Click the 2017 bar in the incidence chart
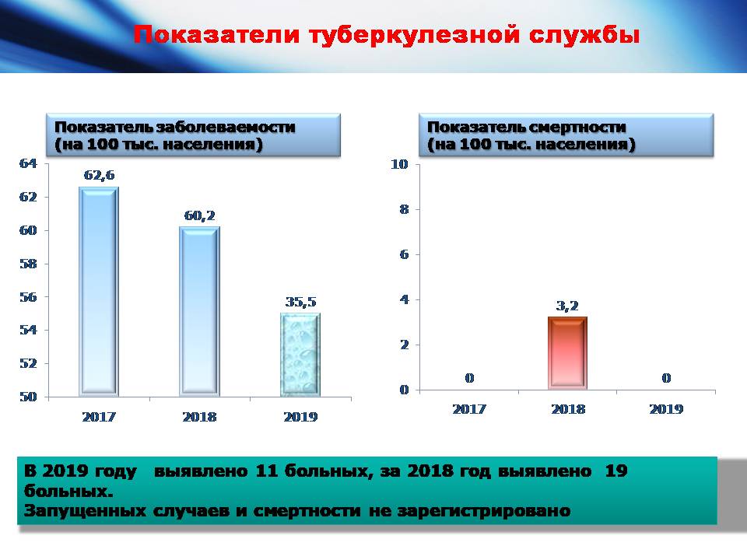pos(99,292)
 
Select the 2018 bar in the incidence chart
pos(200,311)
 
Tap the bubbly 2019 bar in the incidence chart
pos(300,355)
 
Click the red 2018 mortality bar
pos(567,353)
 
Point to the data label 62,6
pos(99,176)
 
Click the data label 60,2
pos(200,215)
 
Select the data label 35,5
pos(300,302)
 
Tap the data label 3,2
pos(567,306)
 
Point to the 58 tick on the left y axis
pos(28,264)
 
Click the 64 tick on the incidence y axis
pos(28,163)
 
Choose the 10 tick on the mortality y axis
pos(400,164)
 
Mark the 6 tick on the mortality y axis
pos(405,255)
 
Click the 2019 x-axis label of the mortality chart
pos(666,409)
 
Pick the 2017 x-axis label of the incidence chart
pos(99,417)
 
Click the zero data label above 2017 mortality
pos(469,378)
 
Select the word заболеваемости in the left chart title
pos(226,127)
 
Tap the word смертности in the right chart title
pos(577,127)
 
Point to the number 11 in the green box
pos(266,471)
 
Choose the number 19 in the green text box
pos(616,471)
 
